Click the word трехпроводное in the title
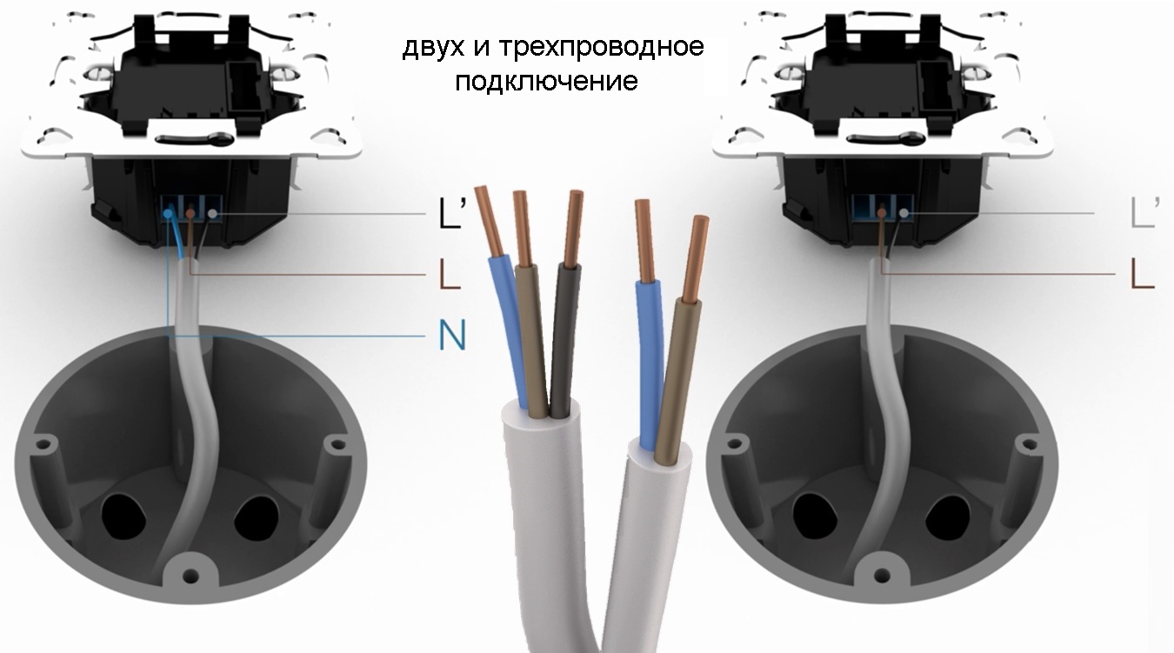pos(601,47)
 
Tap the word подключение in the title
pos(547,81)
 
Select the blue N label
pos(452,336)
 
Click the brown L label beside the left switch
pos(450,275)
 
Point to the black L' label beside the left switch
pos(450,213)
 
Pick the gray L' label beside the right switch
pos(1145,212)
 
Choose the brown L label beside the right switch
pos(1143,274)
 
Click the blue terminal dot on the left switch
pos(168,213)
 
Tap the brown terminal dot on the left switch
pos(190,213)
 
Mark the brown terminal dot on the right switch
pos(882,213)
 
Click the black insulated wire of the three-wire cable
pos(564,341)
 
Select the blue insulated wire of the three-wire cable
pos(510,330)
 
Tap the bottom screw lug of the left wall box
pos(190,576)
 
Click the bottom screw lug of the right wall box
pos(883,575)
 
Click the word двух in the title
pos(433,48)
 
